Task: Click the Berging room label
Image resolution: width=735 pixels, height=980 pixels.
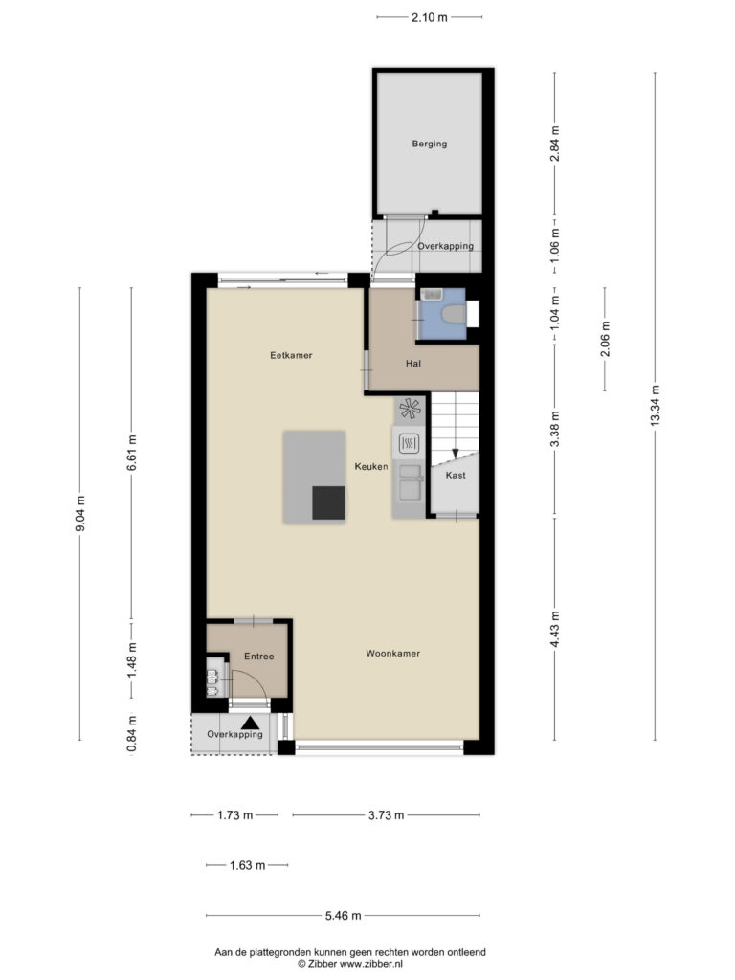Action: tap(430, 144)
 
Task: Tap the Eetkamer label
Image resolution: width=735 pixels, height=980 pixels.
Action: tap(291, 355)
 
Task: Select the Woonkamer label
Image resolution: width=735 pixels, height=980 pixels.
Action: tap(392, 653)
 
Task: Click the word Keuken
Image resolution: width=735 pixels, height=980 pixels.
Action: tap(371, 466)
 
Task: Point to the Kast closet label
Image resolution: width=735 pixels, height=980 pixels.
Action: tap(456, 475)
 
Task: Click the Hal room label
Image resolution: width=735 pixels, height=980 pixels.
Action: tap(413, 363)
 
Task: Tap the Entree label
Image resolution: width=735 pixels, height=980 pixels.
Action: tap(258, 657)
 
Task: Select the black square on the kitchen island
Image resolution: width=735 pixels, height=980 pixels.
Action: tap(329, 503)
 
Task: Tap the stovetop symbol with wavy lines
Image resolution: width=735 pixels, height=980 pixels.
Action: tap(409, 444)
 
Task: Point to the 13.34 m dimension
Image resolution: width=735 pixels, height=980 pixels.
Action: tap(655, 406)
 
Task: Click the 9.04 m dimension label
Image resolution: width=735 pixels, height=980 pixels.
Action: tap(80, 514)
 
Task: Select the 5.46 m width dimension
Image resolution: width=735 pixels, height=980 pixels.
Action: tap(344, 916)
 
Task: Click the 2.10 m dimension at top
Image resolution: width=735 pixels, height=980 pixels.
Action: tap(430, 17)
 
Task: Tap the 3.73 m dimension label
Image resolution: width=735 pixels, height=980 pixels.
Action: tap(386, 815)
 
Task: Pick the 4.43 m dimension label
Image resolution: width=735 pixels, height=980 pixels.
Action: tap(555, 630)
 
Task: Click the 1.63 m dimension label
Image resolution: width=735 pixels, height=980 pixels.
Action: tap(248, 865)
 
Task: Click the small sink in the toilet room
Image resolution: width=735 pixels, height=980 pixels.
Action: tap(432, 294)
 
